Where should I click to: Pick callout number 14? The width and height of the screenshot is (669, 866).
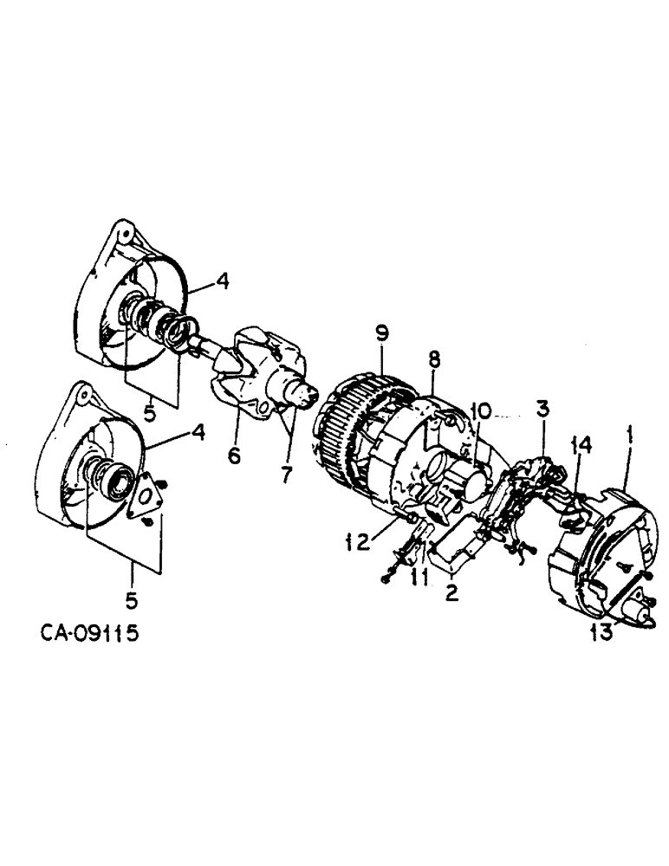(x=582, y=446)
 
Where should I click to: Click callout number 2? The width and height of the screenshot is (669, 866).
(x=451, y=592)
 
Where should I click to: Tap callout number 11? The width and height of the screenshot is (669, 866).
(x=420, y=576)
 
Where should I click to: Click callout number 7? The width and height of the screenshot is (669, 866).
(x=287, y=474)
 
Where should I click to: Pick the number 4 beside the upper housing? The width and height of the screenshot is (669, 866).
(x=223, y=282)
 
